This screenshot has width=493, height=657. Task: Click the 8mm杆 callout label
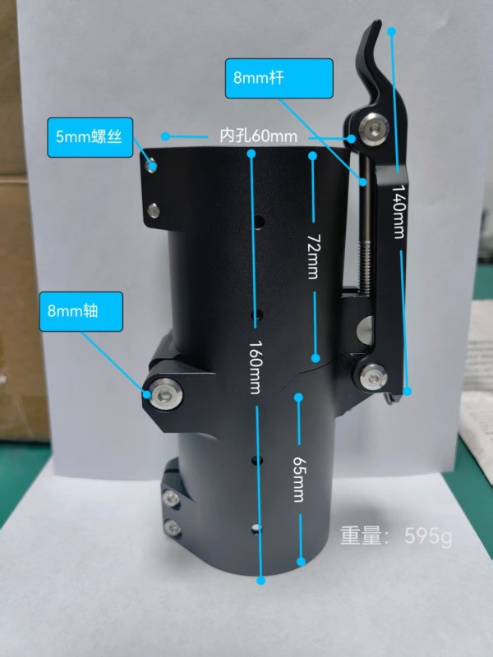pyautogui.click(x=279, y=78)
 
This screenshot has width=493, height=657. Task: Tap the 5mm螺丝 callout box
pyautogui.click(x=90, y=137)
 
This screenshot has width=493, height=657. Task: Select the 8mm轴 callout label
pyautogui.click(x=81, y=311)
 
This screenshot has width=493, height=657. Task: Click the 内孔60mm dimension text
pyautogui.click(x=259, y=136)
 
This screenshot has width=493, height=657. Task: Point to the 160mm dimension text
pyautogui.click(x=256, y=367)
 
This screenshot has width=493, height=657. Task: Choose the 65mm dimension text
pyautogui.click(x=298, y=479)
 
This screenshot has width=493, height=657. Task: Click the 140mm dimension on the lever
pyautogui.click(x=399, y=212)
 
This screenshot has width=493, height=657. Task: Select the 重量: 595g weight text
pyautogui.click(x=396, y=536)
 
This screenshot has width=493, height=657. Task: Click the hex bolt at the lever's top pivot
pyautogui.click(x=371, y=127)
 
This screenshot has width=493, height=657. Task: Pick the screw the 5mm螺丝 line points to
pyautogui.click(x=151, y=167)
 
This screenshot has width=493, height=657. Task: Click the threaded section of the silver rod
pyautogui.click(x=364, y=262)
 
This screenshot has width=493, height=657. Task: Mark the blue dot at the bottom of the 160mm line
pyautogui.click(x=260, y=581)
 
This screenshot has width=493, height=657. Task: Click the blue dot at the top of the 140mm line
pyautogui.click(x=392, y=31)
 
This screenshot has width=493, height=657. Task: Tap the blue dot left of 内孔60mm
pyautogui.click(x=166, y=136)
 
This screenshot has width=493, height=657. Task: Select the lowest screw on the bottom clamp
pyautogui.click(x=173, y=527)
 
